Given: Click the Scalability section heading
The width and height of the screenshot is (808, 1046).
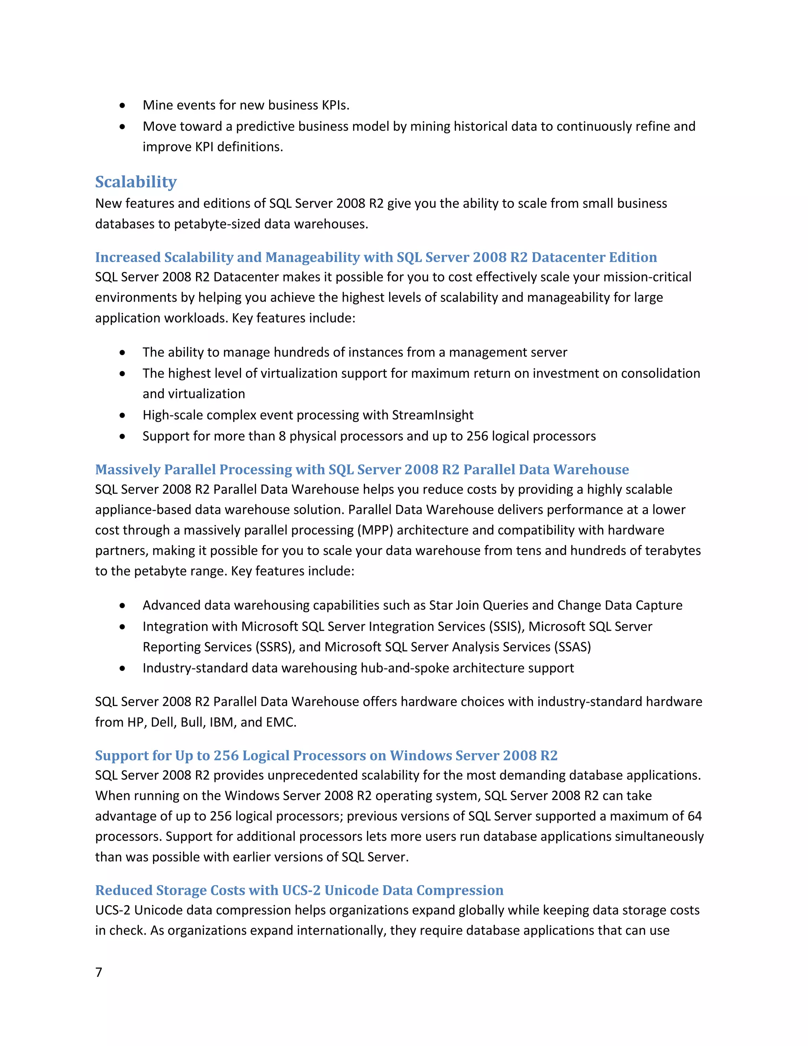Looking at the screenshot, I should tap(136, 182).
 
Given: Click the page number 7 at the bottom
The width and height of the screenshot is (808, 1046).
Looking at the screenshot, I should tap(99, 972).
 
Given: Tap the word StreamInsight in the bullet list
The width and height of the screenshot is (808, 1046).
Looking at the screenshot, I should tap(432, 415).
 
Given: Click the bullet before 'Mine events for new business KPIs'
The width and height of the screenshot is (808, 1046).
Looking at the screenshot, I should tap(123, 105).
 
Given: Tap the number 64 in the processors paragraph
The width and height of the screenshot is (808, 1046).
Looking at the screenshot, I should tap(694, 816).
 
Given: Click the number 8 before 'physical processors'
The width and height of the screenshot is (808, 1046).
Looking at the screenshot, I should tap(282, 436).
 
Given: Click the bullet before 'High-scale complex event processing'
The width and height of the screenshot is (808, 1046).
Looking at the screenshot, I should tap(123, 415).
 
